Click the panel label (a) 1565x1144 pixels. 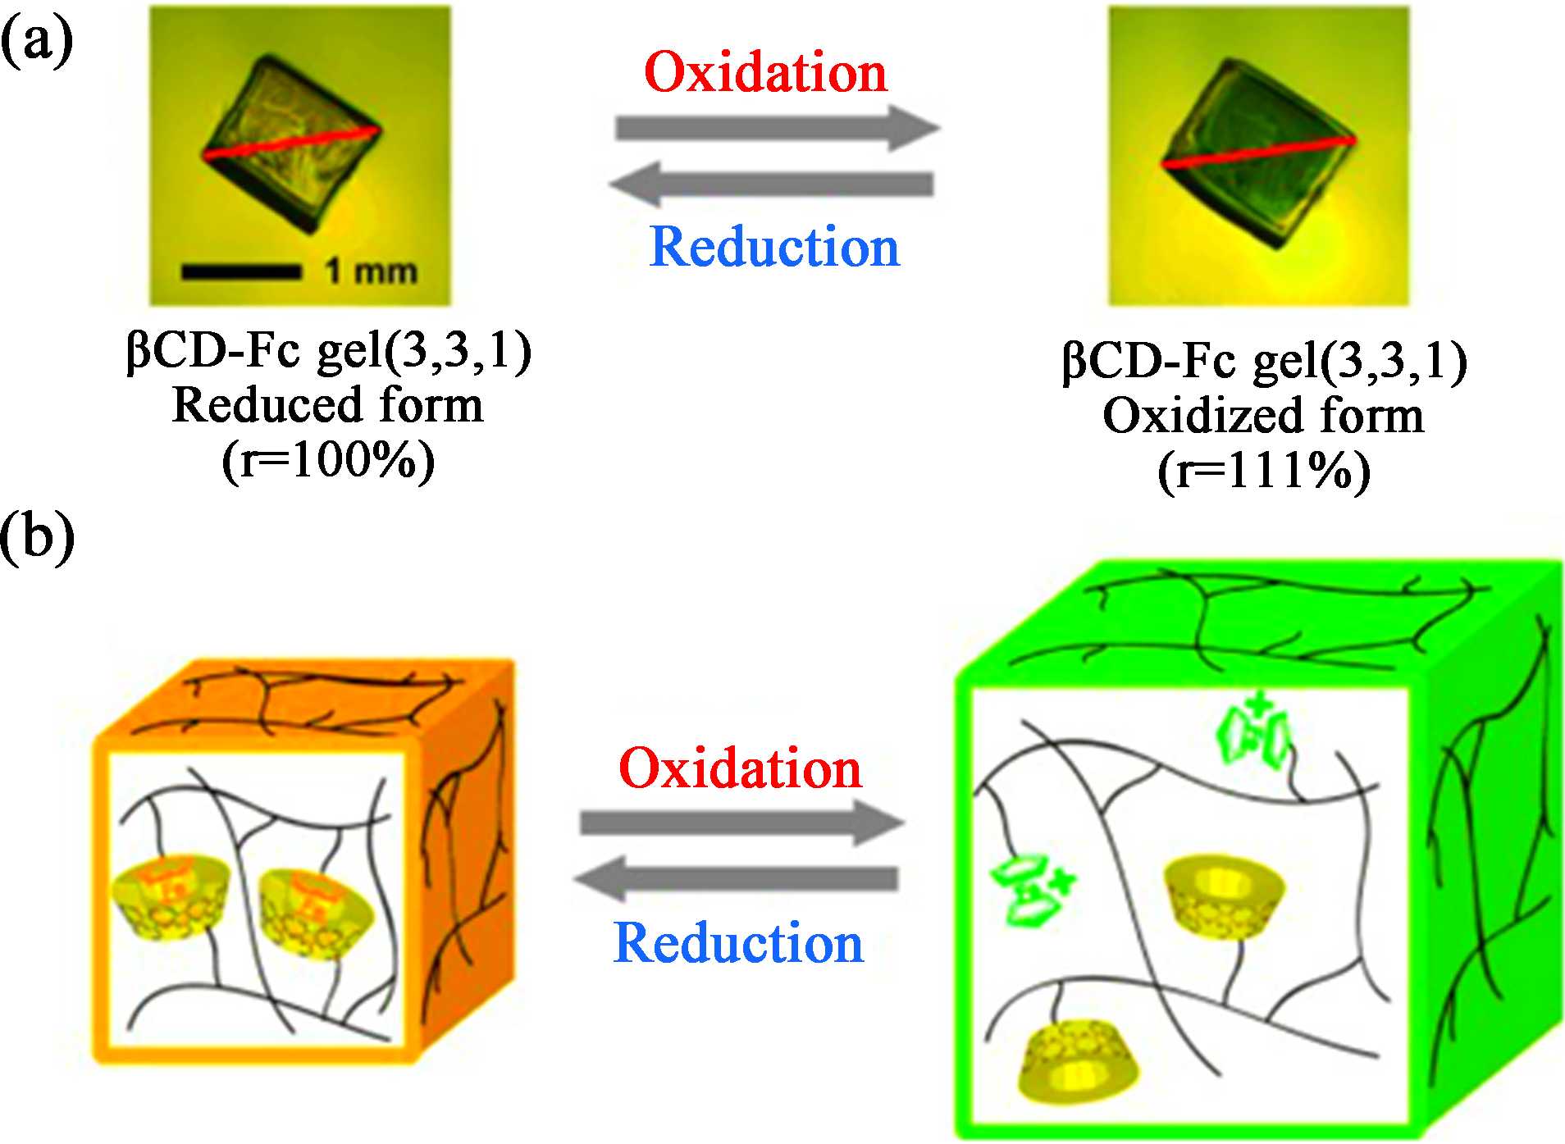37,39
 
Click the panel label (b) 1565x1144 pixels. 38,538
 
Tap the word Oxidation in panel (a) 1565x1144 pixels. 766,72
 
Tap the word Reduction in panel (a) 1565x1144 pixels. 774,246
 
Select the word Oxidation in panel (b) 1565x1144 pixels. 740,768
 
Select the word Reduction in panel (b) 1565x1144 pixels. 738,943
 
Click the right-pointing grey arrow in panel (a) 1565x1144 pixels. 776,128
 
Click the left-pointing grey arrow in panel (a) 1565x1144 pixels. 771,184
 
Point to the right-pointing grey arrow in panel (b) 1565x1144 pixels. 741,823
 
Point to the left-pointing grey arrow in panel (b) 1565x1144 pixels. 736,879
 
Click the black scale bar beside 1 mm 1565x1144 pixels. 240,271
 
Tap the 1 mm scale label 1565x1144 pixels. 371,271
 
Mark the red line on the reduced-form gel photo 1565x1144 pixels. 291,142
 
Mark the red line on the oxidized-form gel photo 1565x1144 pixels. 1257,153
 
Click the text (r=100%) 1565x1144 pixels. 328,461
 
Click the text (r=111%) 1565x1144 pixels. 1263,472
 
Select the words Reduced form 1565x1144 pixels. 328,405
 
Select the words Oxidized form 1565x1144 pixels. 1263,415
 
